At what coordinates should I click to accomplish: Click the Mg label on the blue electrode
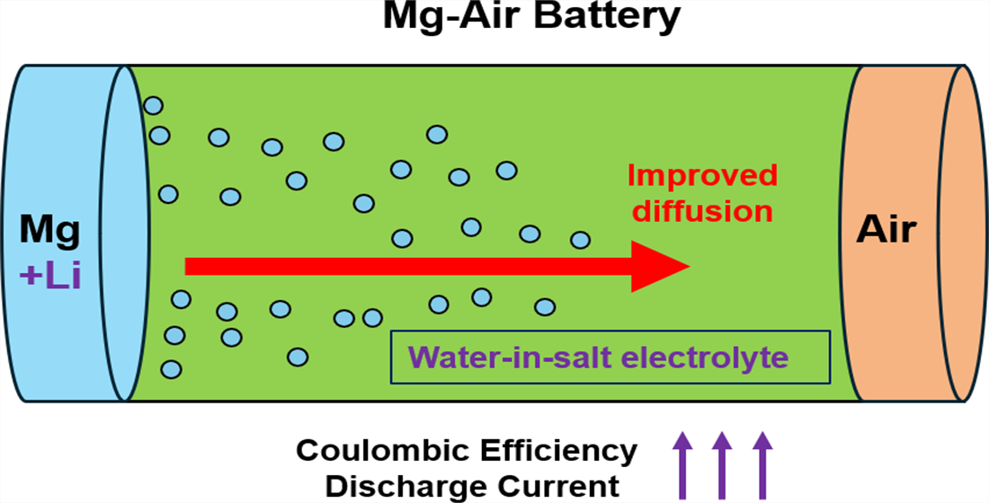[x=49, y=231]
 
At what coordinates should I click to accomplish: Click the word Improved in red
[x=702, y=175]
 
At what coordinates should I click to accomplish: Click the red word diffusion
[x=702, y=212]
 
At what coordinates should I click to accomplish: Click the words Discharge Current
[x=472, y=487]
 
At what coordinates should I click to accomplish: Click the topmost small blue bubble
[x=154, y=105]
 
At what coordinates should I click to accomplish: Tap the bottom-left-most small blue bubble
[x=171, y=368]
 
